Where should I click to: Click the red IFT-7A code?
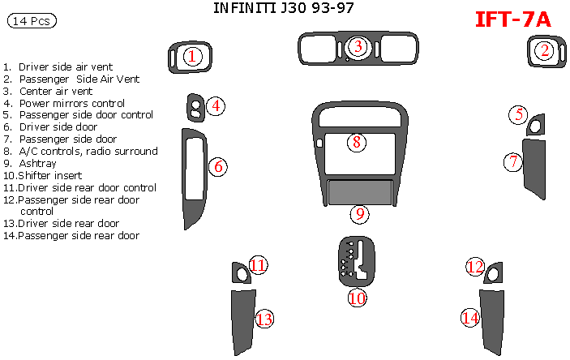click(x=512, y=19)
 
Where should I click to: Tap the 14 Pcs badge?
click(x=31, y=22)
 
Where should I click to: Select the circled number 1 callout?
click(x=192, y=56)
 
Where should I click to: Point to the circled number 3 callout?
click(x=357, y=48)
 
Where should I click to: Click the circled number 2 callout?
click(x=544, y=51)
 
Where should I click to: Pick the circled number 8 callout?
click(x=356, y=143)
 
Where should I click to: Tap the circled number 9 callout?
click(x=360, y=214)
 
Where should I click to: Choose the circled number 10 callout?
click(x=357, y=298)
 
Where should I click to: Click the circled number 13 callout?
click(x=264, y=319)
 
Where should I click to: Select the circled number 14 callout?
click(x=470, y=318)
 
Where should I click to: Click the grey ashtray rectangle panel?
click(x=360, y=192)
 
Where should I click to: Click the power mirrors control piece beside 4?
click(x=195, y=106)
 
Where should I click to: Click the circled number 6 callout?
click(x=217, y=167)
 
